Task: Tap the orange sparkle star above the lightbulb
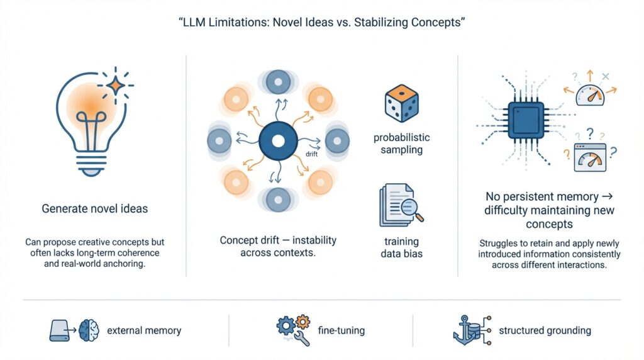(x=115, y=84)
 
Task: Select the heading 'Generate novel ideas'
(x=94, y=208)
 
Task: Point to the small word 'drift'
(x=311, y=154)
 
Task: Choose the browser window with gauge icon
(x=589, y=158)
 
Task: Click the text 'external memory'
(x=144, y=330)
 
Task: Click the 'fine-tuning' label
(x=342, y=330)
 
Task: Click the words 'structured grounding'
(x=544, y=330)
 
